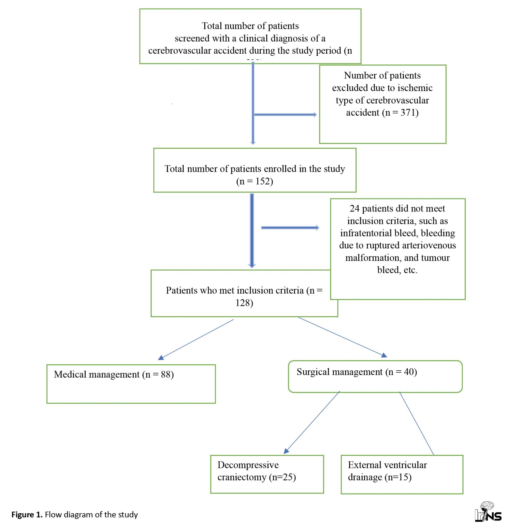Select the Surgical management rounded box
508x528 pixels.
[x=375, y=376]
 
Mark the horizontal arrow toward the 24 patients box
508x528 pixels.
[x=290, y=228]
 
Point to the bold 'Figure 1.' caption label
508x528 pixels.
[x=27, y=515]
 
